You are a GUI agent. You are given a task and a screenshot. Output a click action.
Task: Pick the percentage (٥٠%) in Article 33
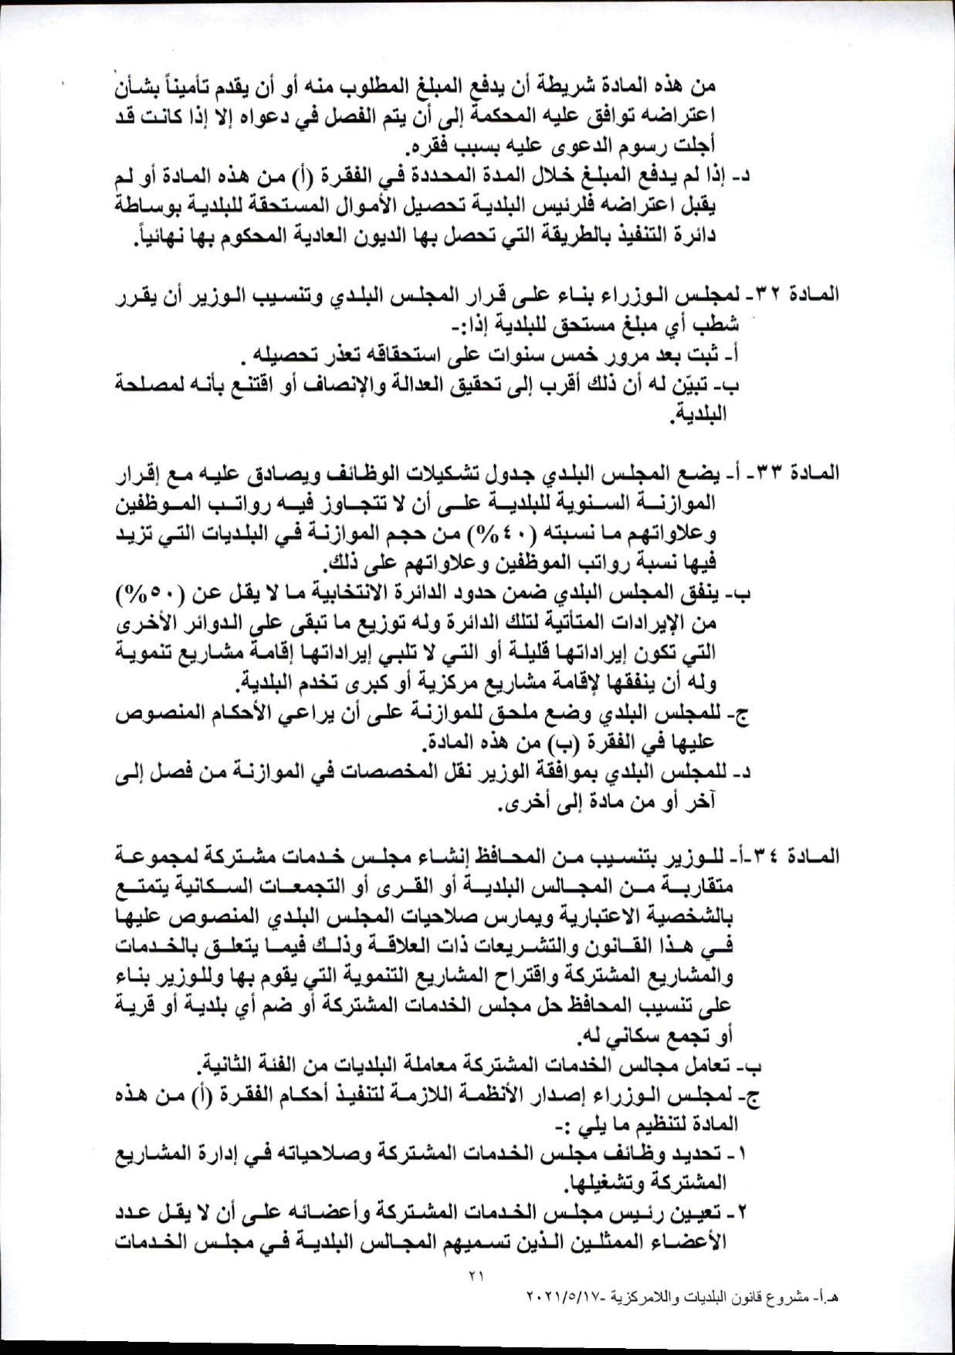152,593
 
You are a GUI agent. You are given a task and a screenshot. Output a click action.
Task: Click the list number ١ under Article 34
743,1155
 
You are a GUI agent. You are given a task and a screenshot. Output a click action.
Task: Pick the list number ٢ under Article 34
743,1214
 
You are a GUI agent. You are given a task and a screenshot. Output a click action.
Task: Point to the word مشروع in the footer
782,1298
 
